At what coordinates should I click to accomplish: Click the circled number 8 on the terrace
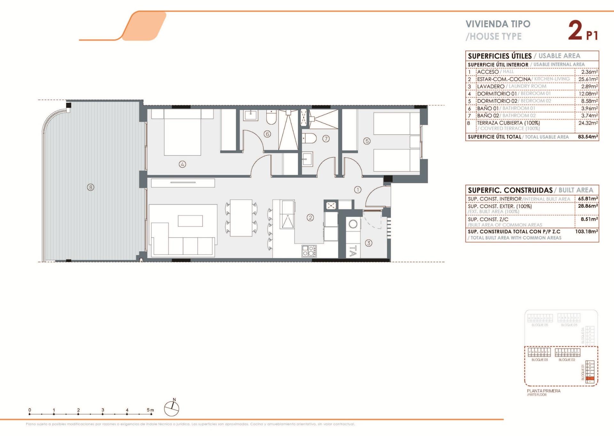(x=91, y=187)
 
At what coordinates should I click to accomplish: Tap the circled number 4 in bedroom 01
(x=182, y=165)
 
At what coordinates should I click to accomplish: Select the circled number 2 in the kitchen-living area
(x=310, y=218)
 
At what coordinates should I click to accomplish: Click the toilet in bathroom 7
(x=309, y=139)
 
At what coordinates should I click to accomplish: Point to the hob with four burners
(x=309, y=251)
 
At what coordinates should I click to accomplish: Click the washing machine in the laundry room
(x=353, y=224)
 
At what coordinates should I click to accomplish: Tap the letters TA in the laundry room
(x=352, y=251)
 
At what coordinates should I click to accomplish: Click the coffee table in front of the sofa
(x=190, y=221)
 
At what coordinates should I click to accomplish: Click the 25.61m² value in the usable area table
(x=588, y=79)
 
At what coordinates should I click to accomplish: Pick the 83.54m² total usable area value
(x=588, y=137)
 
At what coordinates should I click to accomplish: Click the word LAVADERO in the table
(x=491, y=86)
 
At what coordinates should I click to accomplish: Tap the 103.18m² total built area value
(x=586, y=231)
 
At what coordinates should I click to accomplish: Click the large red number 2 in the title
(x=575, y=31)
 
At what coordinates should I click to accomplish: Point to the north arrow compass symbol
(x=172, y=408)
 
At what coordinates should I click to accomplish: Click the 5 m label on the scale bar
(x=150, y=410)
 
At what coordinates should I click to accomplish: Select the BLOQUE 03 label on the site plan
(x=539, y=360)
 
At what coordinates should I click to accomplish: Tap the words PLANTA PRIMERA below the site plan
(x=544, y=391)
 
